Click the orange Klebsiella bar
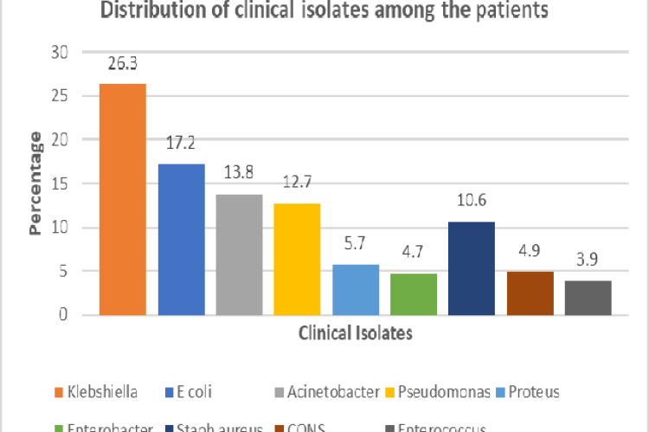coord(122,199)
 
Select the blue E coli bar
coord(181,239)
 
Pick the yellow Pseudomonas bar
coord(297,259)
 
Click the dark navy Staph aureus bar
coord(472,268)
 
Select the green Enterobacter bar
coord(414,294)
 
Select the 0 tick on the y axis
coord(63,315)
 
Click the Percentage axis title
coord(35,184)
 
